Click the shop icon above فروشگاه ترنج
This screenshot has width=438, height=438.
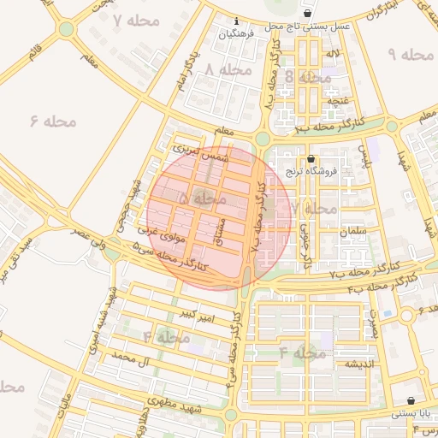click(310, 158)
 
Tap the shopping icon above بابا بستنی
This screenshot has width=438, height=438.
click(412, 400)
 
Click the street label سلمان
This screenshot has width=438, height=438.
click(352, 231)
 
